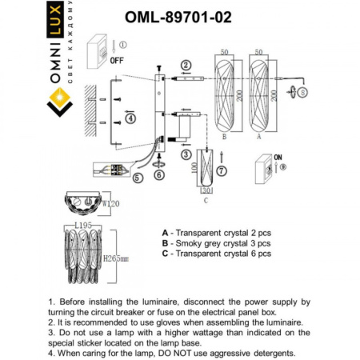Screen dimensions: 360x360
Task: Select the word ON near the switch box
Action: click(x=278, y=158)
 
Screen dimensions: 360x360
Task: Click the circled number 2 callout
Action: click(x=186, y=65)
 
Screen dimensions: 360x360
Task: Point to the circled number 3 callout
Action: click(x=186, y=154)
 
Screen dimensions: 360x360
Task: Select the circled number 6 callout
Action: click(x=159, y=174)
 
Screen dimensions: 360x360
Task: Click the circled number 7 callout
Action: click(x=222, y=170)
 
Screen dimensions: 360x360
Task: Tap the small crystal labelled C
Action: click(x=207, y=170)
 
